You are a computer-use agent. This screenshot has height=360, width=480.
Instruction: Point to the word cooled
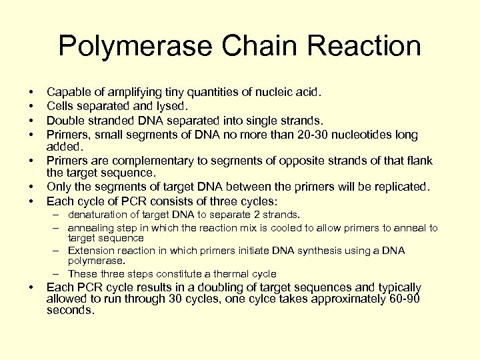(273, 228)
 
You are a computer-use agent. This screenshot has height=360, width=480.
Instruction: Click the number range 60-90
(405, 299)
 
